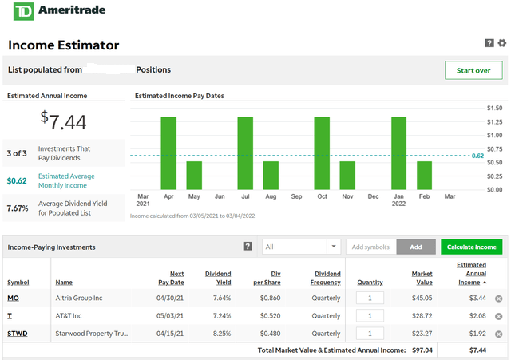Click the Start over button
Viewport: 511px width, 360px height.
473,70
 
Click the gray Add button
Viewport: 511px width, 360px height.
415,247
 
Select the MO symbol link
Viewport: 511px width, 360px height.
13,298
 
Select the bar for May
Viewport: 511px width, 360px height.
194,176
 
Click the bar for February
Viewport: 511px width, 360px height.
424,176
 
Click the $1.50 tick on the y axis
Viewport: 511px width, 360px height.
494,108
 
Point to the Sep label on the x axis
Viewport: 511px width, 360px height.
296,196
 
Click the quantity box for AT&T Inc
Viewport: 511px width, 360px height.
370,316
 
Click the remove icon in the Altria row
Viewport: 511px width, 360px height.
498,299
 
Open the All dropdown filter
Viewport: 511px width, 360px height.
301,247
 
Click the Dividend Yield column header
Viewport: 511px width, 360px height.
218,278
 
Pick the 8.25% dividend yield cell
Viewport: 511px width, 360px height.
220,334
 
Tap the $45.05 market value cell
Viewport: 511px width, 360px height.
422,298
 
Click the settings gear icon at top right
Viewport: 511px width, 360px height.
502,43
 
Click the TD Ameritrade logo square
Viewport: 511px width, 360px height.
18,13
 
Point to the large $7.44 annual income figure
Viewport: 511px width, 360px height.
64,121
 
